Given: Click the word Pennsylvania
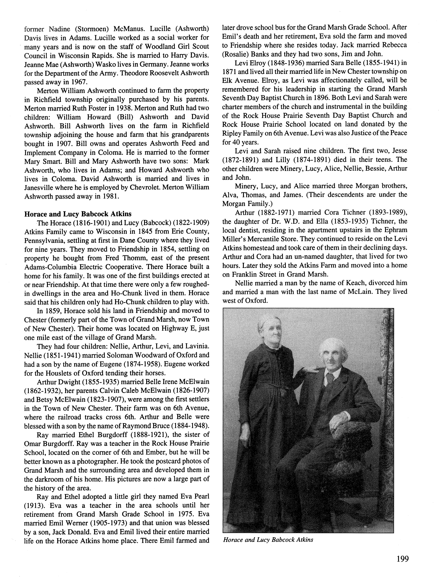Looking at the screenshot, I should coord(44,240).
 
